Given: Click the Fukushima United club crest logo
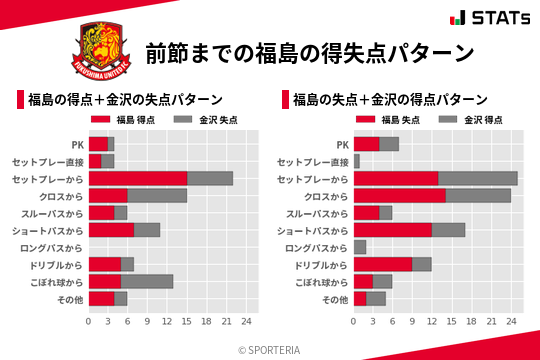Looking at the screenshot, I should pos(101,50).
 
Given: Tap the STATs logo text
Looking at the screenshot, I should pos(496,18).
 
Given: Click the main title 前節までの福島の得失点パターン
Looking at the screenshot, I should pos(309,52).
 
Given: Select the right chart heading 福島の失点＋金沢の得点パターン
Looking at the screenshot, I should pos(390,100).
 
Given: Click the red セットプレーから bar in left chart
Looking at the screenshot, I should pos(138,178).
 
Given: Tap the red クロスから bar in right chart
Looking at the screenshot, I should pos(400,195).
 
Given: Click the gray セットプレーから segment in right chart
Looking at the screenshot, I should pos(478,178).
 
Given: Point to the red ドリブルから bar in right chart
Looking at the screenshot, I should pos(383,264).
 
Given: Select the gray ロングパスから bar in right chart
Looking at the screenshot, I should pos(360,247).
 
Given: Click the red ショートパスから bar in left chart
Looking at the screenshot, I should pos(111,230).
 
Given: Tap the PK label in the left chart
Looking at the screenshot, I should pos(77,144).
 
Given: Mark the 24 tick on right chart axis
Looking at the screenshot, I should pos(511,322).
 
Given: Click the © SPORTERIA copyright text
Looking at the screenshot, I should pos(270,349).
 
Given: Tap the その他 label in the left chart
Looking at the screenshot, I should pos(68,299).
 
